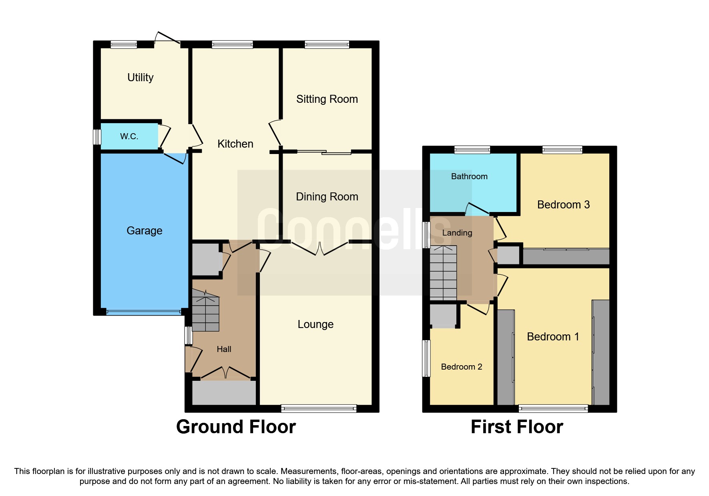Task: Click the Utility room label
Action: (x=140, y=77)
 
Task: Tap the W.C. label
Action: (x=129, y=136)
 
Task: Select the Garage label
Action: (x=144, y=231)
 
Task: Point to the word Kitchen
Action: (x=235, y=144)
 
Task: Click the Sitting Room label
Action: (x=327, y=99)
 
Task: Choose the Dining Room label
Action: (x=327, y=197)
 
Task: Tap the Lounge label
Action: (x=315, y=324)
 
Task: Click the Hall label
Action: (x=224, y=349)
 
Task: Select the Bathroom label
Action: (x=469, y=176)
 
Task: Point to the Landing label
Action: (x=457, y=233)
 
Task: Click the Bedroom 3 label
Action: (x=563, y=205)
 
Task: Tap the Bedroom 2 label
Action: (x=461, y=367)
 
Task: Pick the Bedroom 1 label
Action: (x=553, y=337)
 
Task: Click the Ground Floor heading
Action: (x=236, y=427)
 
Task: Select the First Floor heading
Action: (x=516, y=427)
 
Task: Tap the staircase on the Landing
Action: (x=443, y=273)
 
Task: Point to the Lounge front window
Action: (x=319, y=408)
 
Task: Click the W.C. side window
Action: (x=97, y=137)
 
